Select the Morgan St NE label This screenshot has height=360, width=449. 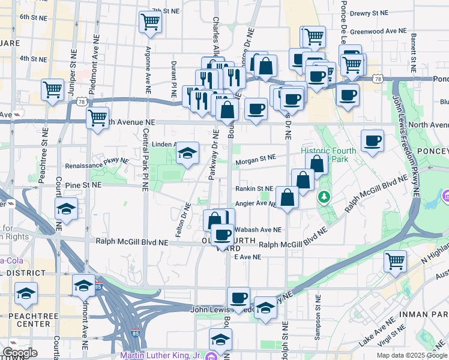click(256, 159)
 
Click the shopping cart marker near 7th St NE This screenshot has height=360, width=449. click(150, 22)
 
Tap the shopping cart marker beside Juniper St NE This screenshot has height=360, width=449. click(52, 89)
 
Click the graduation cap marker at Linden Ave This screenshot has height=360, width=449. click(187, 154)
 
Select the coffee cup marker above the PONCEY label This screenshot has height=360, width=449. click(373, 140)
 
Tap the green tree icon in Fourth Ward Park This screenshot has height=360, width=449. click(324, 196)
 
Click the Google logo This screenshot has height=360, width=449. click(20, 352)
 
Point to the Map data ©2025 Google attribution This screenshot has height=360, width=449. click(412, 355)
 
